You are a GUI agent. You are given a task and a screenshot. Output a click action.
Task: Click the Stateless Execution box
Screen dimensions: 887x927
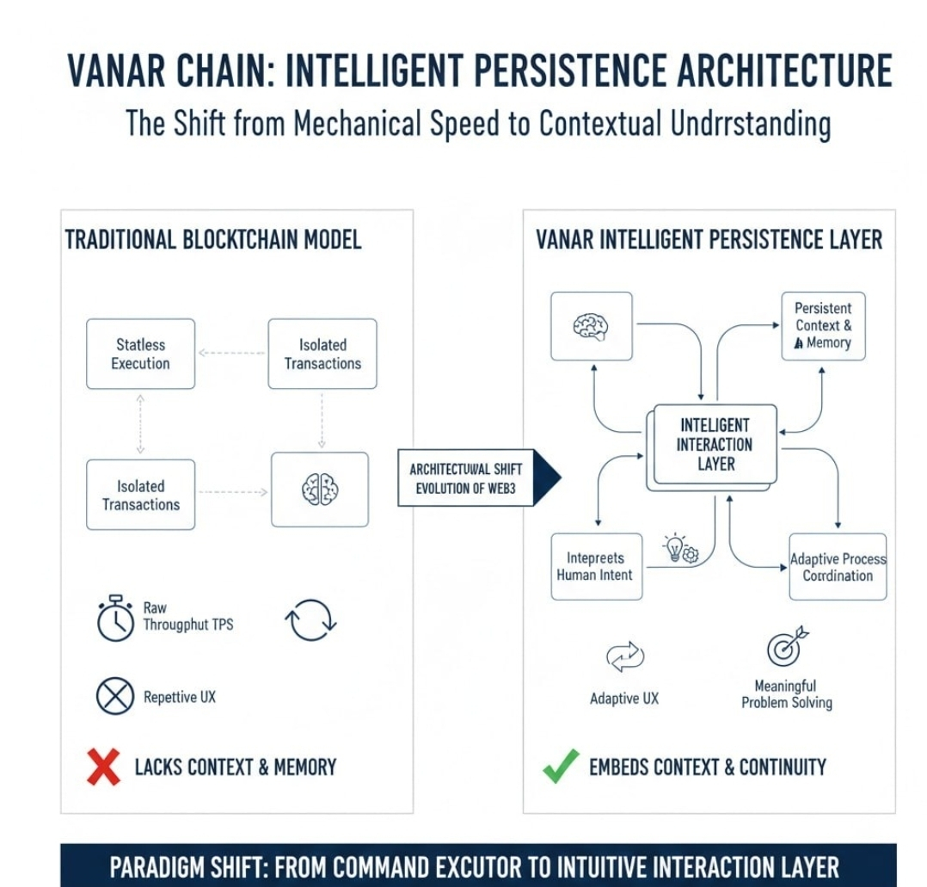(140, 354)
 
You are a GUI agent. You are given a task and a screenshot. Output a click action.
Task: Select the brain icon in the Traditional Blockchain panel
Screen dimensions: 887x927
(319, 489)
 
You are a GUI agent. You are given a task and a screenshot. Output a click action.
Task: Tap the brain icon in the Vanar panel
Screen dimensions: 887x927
(591, 326)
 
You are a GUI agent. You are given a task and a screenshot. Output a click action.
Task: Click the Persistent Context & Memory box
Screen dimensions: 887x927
(823, 325)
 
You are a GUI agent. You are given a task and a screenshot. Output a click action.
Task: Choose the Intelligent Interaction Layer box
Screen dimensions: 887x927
(715, 444)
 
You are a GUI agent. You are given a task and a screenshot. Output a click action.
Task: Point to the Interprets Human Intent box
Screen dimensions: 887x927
(594, 566)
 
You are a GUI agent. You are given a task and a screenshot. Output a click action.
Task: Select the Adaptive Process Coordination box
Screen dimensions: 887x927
(838, 567)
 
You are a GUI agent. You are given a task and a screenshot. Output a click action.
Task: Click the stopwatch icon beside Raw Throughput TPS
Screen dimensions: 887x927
(115, 619)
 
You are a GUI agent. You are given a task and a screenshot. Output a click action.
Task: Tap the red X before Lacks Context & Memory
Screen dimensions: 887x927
(104, 767)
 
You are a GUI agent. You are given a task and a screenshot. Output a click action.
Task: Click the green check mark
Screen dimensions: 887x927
(561, 766)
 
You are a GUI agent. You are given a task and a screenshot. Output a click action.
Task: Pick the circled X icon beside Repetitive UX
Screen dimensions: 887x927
(115, 696)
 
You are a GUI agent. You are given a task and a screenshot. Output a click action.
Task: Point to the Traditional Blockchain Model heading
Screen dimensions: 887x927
(213, 239)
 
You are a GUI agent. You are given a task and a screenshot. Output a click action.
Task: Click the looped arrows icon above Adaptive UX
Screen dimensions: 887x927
(624, 657)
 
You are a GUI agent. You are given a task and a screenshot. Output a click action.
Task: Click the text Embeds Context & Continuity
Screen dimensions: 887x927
(707, 767)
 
